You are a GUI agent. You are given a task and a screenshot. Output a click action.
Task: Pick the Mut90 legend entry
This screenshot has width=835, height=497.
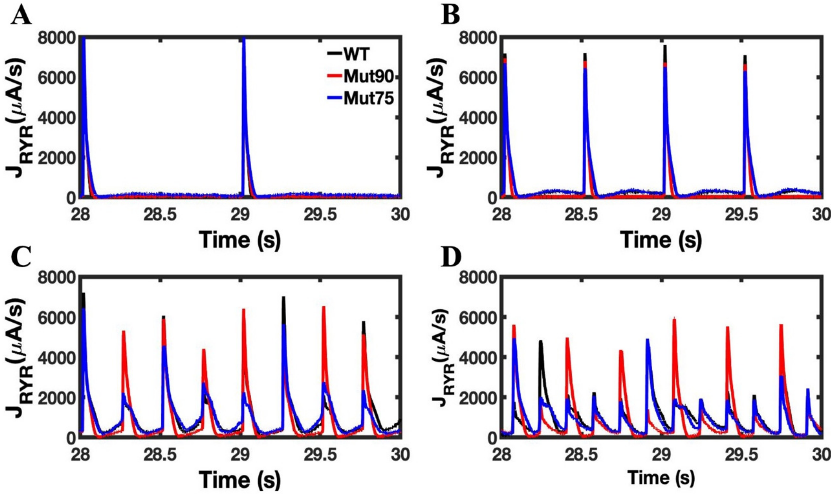(x=367, y=77)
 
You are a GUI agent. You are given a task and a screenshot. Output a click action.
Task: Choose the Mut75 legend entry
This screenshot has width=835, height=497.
(x=367, y=100)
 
